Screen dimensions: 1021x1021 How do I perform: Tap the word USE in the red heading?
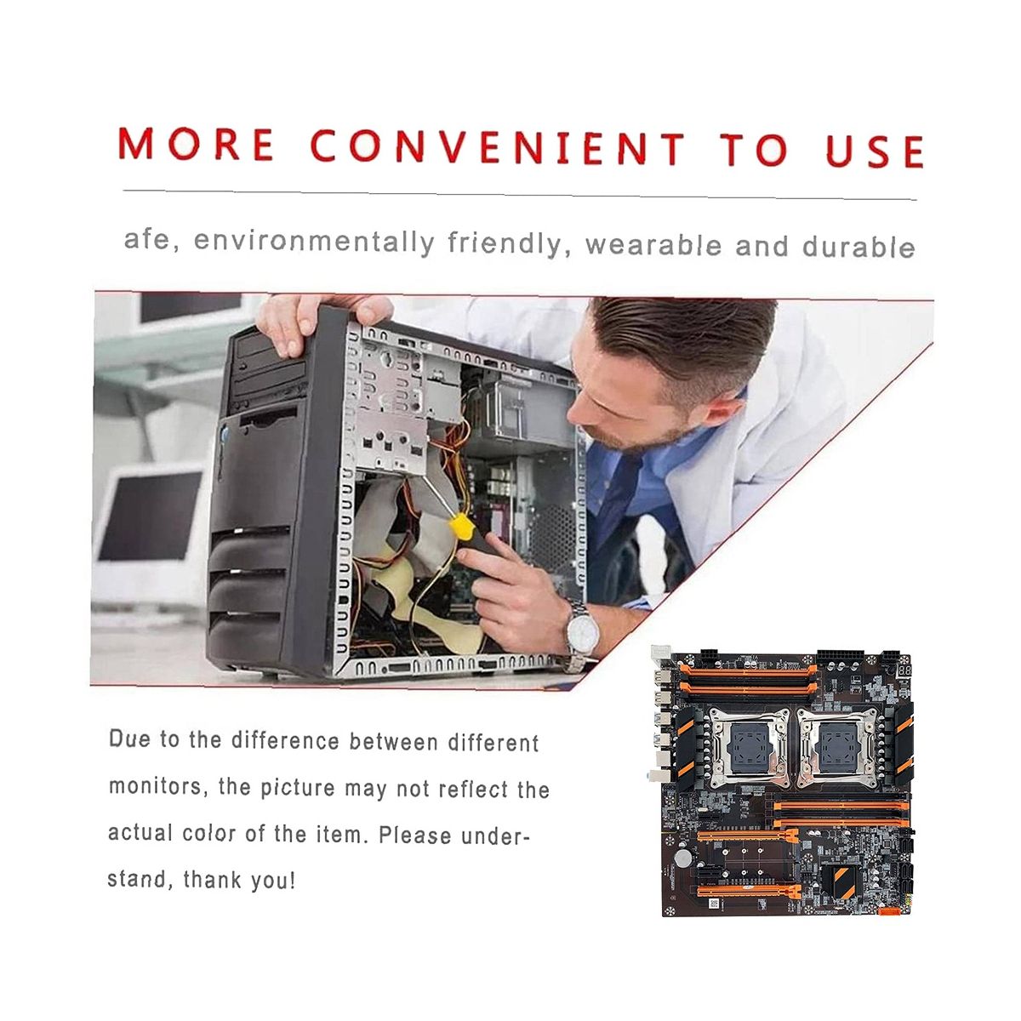875,151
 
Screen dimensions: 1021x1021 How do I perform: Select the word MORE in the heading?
196,143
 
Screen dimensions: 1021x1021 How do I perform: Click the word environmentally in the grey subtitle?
314,242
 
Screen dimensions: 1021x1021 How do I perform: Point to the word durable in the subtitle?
858,247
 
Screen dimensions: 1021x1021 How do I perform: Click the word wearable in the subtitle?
653,245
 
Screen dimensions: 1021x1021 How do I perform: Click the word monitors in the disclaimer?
156,786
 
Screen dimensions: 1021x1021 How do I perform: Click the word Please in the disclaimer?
415,835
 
